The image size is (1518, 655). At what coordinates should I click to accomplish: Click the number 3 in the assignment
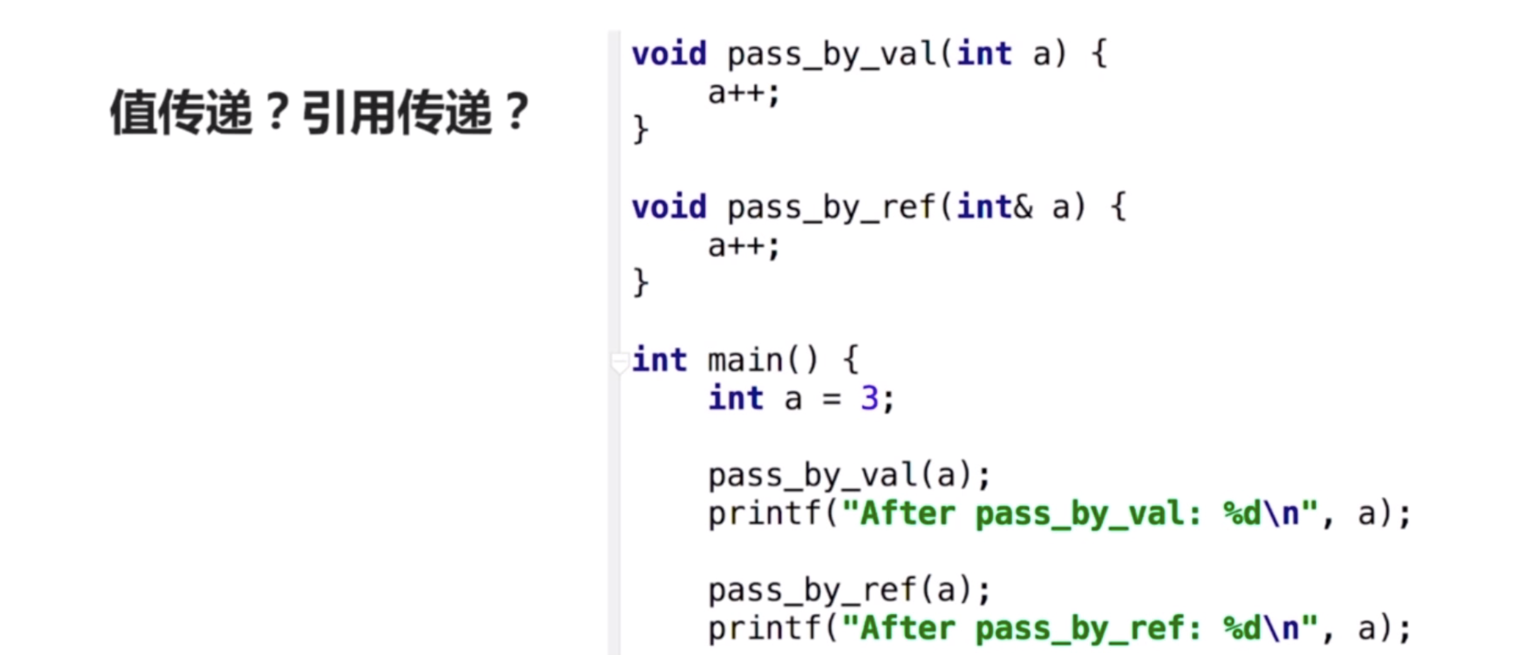[869, 399]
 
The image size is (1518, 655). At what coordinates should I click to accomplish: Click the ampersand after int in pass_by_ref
[1023, 207]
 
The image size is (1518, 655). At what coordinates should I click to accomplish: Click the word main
[745, 360]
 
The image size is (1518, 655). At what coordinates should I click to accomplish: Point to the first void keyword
[669, 54]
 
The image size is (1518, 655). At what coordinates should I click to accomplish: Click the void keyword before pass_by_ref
[669, 207]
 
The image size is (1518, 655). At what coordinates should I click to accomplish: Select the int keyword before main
[660, 360]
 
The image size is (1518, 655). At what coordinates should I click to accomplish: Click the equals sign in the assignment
[831, 399]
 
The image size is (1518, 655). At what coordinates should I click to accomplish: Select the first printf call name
[764, 514]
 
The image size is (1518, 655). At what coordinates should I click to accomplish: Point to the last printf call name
[764, 628]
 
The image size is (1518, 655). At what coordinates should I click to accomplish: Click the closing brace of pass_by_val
[641, 129]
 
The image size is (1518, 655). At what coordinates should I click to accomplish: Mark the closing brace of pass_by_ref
[641, 282]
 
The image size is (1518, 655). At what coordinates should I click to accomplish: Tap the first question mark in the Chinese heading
[277, 112]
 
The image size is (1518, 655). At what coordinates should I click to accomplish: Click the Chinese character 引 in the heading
[325, 112]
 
